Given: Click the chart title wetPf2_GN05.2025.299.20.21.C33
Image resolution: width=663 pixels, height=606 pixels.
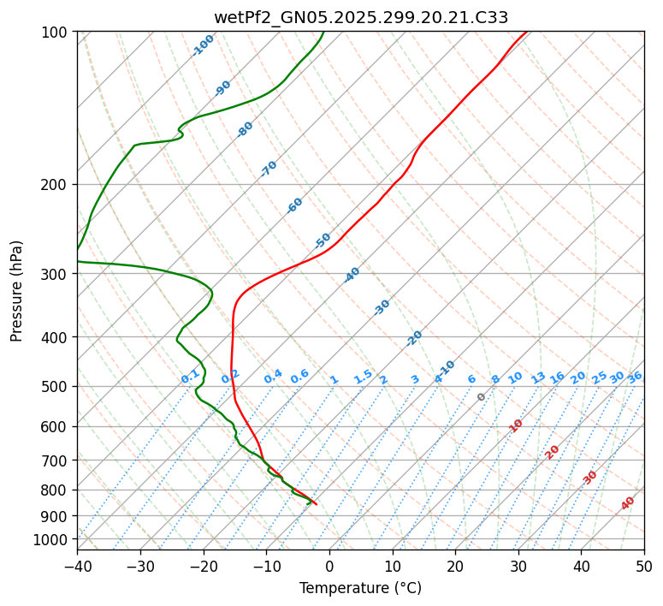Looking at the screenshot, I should click(x=360, y=17).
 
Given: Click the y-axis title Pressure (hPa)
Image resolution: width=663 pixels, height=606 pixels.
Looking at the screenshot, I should click(x=17, y=290).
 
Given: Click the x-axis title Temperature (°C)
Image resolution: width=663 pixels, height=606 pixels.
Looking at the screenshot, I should click(x=360, y=588).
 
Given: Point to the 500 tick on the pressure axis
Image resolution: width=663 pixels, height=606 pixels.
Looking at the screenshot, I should click(x=56, y=387).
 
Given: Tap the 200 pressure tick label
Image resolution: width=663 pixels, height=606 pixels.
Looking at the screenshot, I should click(x=56, y=184).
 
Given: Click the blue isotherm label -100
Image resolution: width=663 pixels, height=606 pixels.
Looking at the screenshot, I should click(x=204, y=45).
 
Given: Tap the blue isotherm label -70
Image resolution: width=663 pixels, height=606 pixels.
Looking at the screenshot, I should click(x=269, y=169).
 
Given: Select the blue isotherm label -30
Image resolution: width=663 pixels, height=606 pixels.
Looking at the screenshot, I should click(x=382, y=307).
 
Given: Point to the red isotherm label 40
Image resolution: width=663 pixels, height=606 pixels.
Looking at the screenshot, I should click(x=628, y=503).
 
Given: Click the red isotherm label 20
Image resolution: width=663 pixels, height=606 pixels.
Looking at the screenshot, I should click(x=553, y=451).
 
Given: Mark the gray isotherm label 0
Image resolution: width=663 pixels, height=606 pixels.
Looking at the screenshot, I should click(x=482, y=397).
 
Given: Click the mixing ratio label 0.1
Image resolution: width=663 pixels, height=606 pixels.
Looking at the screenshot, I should click(x=190, y=377).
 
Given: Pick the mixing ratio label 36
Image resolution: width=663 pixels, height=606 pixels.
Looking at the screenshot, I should click(x=635, y=377).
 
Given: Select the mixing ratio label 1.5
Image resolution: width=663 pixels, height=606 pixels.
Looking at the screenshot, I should click(x=363, y=376).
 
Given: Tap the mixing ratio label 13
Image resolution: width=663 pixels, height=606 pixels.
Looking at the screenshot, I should click(x=538, y=377).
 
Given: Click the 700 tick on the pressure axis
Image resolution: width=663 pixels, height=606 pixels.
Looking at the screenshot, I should click(x=56, y=460).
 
